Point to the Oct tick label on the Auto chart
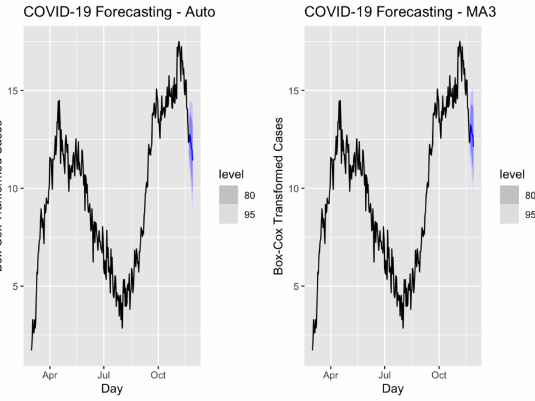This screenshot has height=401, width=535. (x=158, y=375)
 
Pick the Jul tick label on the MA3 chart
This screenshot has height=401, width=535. (x=384, y=375)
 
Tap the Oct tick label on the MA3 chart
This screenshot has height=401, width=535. (x=438, y=375)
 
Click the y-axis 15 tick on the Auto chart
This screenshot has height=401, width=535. (x=13, y=91)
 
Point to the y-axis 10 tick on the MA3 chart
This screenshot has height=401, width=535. (x=294, y=188)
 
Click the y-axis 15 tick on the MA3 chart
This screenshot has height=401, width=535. (x=294, y=91)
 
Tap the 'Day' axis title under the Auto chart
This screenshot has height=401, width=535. (x=112, y=388)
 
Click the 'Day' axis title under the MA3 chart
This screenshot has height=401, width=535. (x=393, y=388)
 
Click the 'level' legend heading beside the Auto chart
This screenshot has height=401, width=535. (x=232, y=175)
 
